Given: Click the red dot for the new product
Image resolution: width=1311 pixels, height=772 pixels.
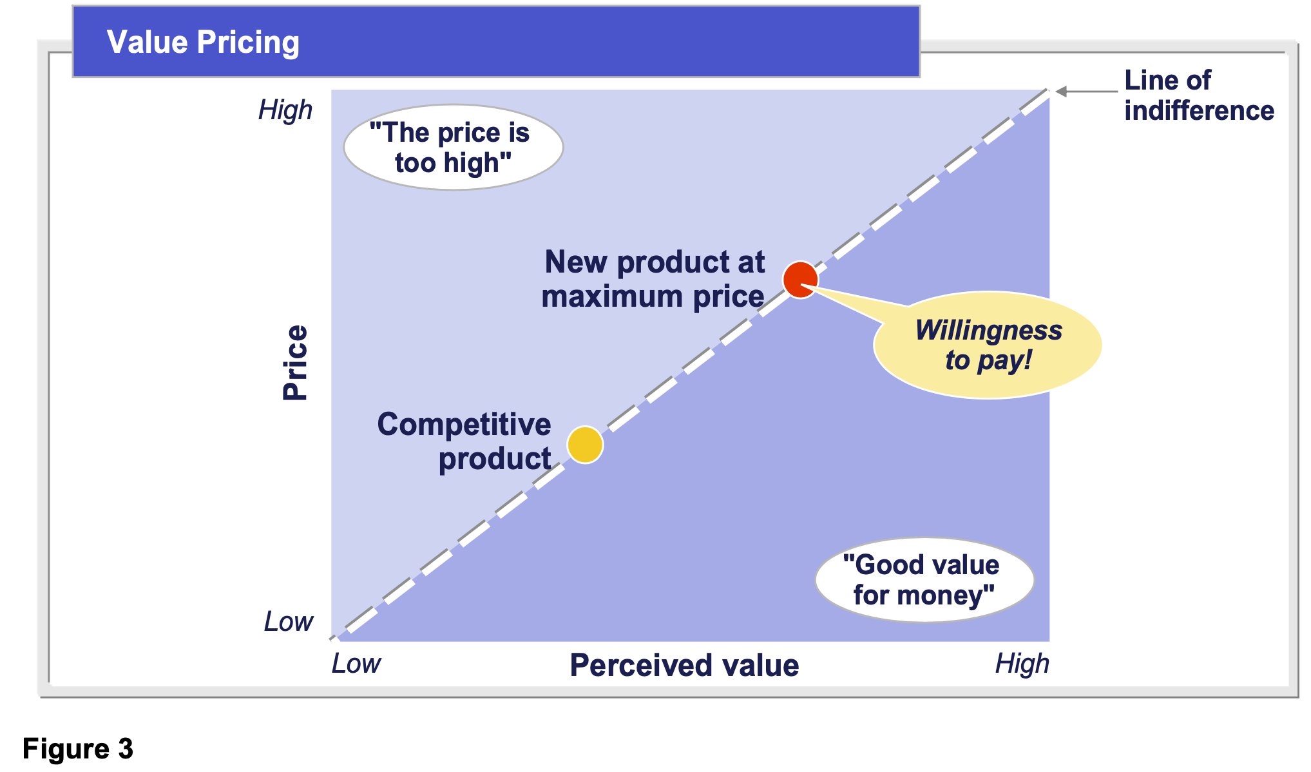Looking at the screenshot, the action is tap(800, 280).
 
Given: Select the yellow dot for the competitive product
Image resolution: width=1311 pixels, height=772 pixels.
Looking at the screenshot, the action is tap(585, 445).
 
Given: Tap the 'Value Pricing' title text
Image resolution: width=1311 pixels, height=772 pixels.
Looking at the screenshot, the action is tap(203, 43).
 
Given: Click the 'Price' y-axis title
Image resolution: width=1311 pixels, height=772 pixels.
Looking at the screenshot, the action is tap(296, 363).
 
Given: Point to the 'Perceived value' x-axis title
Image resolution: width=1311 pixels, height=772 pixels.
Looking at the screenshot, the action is tap(684, 665).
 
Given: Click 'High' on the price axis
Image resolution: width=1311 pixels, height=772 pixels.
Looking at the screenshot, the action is tap(285, 110).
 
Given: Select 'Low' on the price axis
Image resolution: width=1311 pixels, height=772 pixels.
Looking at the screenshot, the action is tap(289, 622).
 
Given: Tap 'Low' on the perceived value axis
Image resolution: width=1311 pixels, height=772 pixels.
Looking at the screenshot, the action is tap(356, 664).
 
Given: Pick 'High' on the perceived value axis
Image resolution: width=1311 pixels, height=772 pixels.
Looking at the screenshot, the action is tap(1022, 664).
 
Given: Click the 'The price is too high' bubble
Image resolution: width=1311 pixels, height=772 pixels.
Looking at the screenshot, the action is tap(454, 148).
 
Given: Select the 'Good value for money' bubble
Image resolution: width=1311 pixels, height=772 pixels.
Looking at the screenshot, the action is tap(924, 580).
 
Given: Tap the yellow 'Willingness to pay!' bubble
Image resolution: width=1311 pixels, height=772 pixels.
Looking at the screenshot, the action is tap(988, 345).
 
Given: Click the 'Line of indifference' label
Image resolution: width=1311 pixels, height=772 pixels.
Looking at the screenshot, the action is tap(1199, 95).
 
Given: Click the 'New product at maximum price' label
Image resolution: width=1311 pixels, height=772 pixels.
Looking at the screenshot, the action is tap(653, 279).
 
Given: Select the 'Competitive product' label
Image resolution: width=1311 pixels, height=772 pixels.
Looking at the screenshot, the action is tap(464, 442).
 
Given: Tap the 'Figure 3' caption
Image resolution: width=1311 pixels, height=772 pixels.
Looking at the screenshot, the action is tap(78, 749).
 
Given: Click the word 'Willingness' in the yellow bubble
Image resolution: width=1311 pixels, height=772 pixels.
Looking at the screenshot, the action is tap(988, 330).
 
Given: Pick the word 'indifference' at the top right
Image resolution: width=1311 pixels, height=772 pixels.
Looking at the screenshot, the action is tap(1199, 111).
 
